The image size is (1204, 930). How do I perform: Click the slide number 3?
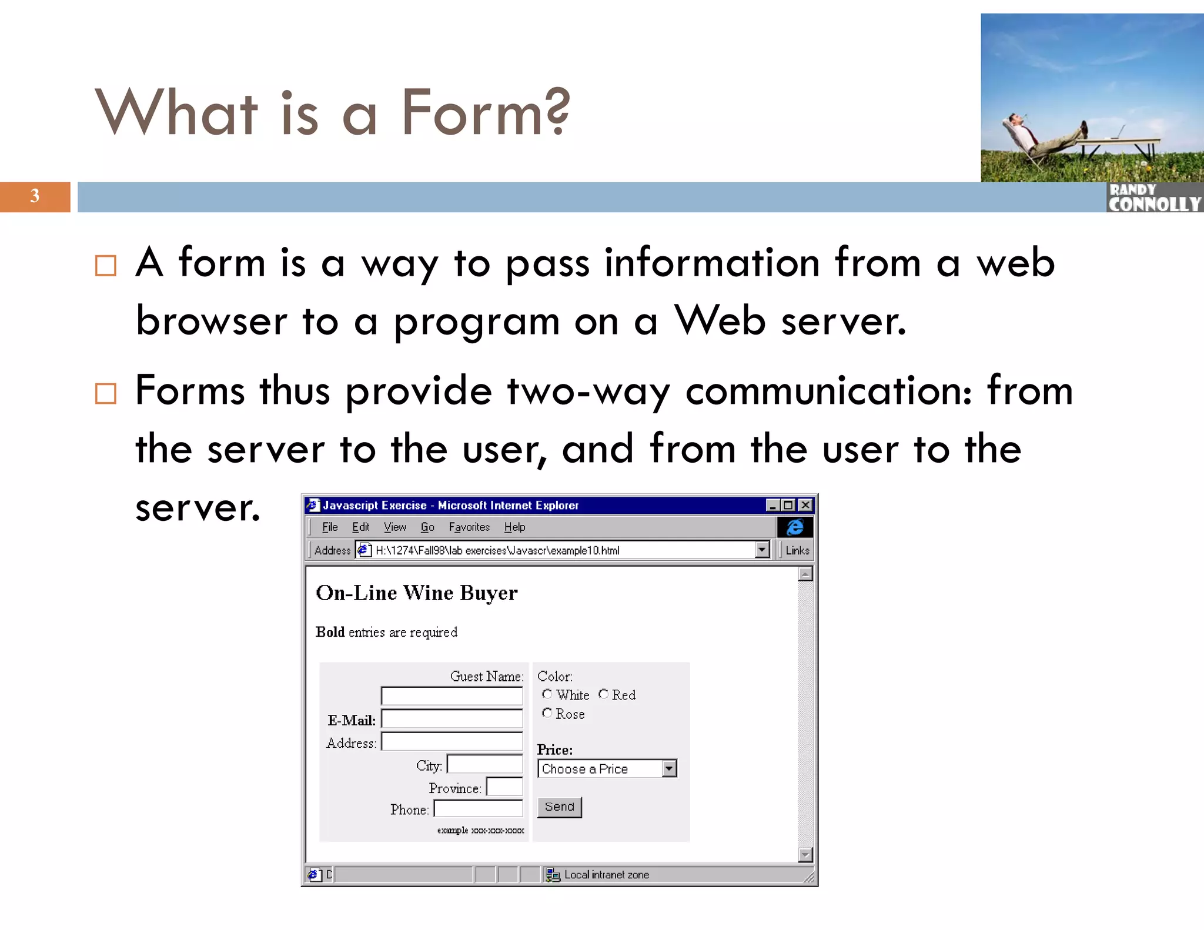pyautogui.click(x=35, y=196)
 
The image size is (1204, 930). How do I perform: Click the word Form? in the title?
pyautogui.click(x=485, y=112)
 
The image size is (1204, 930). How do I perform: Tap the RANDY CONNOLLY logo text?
pyautogui.click(x=1154, y=198)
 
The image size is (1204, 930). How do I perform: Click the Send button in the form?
pyautogui.click(x=559, y=807)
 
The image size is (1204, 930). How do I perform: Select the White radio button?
pyautogui.click(x=547, y=694)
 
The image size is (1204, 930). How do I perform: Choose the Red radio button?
pyautogui.click(x=603, y=694)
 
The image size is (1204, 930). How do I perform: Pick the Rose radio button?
pyautogui.click(x=547, y=713)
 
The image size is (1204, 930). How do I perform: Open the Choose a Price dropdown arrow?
pyautogui.click(x=669, y=768)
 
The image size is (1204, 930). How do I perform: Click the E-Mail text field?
pyautogui.click(x=451, y=719)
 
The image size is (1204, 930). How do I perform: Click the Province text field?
pyautogui.click(x=504, y=787)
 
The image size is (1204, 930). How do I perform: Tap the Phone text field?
pyautogui.click(x=478, y=809)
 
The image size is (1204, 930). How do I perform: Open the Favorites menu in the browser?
pyautogui.click(x=469, y=527)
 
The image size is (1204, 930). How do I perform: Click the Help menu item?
pyautogui.click(x=514, y=527)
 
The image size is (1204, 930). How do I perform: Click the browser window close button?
pyautogui.click(x=805, y=505)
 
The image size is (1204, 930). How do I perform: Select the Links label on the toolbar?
pyautogui.click(x=797, y=551)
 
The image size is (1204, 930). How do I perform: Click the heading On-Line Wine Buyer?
pyautogui.click(x=416, y=593)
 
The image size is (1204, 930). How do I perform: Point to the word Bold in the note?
pyautogui.click(x=330, y=632)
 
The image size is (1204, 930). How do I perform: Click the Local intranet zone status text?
pyautogui.click(x=606, y=875)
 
